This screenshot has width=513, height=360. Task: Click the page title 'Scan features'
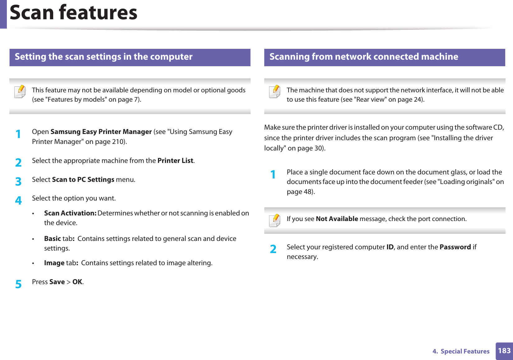(x=73, y=13)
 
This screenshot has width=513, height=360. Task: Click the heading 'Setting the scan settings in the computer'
(x=104, y=57)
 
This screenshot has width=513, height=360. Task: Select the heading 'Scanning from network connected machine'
(x=363, y=57)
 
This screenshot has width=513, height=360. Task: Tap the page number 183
(x=504, y=351)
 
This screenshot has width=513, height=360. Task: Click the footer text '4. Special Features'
(x=461, y=351)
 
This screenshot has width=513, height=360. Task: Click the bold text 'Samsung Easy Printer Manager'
(x=101, y=132)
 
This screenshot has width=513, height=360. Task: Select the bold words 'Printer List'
(x=175, y=161)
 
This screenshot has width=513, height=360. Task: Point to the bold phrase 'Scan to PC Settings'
(x=83, y=180)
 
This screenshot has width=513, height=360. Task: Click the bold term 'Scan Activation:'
(x=70, y=213)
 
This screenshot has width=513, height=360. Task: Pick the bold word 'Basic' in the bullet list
(x=52, y=239)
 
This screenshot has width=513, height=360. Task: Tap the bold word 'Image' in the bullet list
(x=54, y=263)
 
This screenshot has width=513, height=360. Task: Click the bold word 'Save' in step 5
(x=57, y=282)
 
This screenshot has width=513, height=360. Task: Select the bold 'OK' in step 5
(x=77, y=282)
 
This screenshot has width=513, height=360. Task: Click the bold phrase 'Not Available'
(x=337, y=219)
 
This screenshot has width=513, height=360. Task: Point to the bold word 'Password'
(x=455, y=247)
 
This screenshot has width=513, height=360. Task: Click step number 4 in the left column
(x=18, y=201)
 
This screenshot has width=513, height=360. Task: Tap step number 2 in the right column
(x=273, y=249)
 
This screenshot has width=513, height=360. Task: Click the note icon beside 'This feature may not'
(x=20, y=92)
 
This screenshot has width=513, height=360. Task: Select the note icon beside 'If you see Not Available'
(x=275, y=221)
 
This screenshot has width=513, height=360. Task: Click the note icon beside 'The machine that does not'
(x=275, y=92)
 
